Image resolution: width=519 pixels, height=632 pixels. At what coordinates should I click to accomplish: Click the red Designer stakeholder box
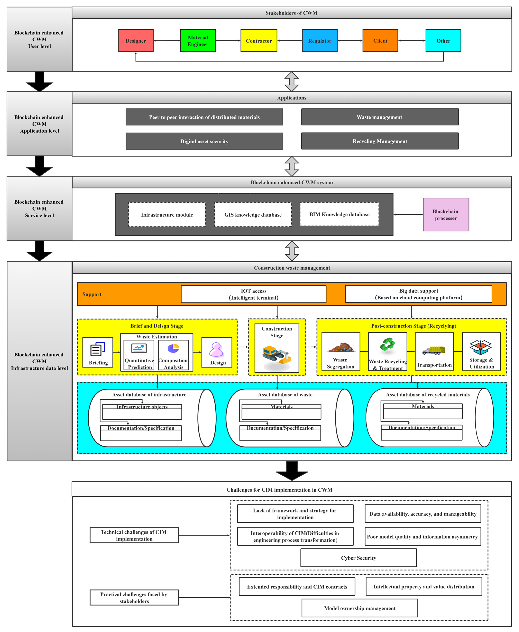(x=136, y=41)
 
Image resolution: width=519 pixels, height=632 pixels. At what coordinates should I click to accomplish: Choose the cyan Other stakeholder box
(x=443, y=41)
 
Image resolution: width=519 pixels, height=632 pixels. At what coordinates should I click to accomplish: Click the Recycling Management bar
(x=380, y=141)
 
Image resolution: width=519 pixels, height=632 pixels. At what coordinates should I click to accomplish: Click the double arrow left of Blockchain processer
(x=408, y=214)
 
